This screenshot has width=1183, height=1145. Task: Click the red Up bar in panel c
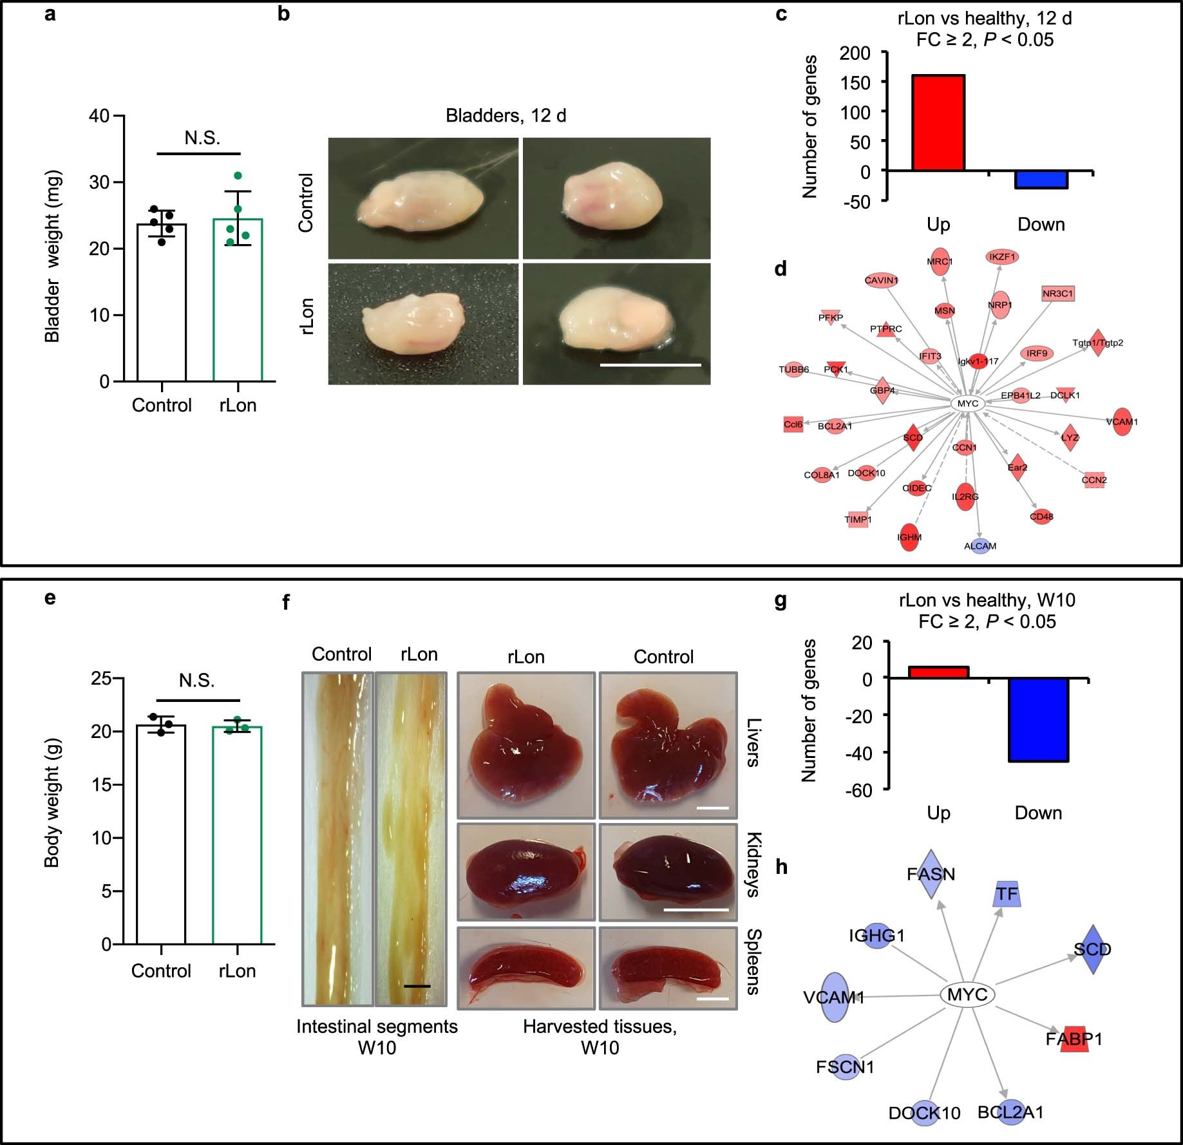[938, 123]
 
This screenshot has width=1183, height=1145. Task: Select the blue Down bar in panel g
[1038, 720]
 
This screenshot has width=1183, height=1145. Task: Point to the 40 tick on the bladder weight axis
[100, 117]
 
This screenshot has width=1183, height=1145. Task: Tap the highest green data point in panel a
[238, 176]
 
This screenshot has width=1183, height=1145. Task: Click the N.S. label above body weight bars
[196, 681]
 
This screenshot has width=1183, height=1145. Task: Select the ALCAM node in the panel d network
[980, 546]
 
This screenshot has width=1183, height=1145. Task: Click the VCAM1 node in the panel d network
[1122, 422]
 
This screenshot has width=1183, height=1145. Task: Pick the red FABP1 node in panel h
[1074, 1039]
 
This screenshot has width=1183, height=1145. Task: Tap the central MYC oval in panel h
[967, 995]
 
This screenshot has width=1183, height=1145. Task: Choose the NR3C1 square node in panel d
[1058, 294]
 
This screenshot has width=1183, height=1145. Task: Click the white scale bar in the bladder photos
[650, 365]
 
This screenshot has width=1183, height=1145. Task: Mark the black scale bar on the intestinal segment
[417, 986]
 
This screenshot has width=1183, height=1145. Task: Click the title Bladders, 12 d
[506, 116]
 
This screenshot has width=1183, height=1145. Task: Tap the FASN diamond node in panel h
[931, 874]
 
